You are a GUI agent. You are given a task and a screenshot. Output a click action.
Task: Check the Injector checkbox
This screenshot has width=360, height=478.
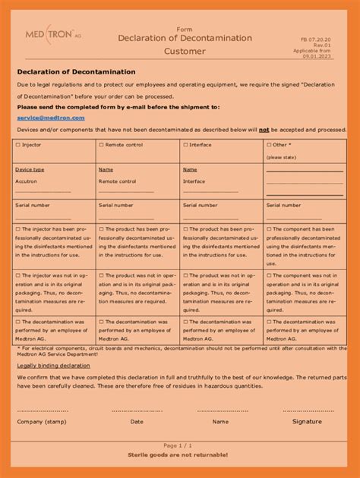point(18,144)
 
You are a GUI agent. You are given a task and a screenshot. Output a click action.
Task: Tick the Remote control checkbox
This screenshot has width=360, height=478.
point(101,144)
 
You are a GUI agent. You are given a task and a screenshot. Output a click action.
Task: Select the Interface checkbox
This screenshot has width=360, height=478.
point(185,144)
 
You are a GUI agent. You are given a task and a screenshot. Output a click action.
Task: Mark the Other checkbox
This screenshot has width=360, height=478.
point(269,144)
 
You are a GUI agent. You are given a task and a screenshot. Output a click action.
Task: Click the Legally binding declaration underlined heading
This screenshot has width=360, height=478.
point(53,365)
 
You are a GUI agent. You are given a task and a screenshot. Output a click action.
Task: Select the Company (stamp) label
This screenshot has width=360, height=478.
point(42,421)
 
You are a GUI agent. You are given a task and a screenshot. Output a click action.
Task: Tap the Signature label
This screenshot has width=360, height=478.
point(307,421)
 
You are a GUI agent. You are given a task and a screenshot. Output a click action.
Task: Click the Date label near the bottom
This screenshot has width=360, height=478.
point(137,421)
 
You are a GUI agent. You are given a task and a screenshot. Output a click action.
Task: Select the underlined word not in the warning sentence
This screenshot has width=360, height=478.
point(264,130)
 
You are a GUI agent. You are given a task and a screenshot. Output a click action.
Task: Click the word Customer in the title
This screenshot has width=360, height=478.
point(185,52)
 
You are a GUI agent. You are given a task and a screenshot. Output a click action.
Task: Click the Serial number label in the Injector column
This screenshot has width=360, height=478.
point(33,205)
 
